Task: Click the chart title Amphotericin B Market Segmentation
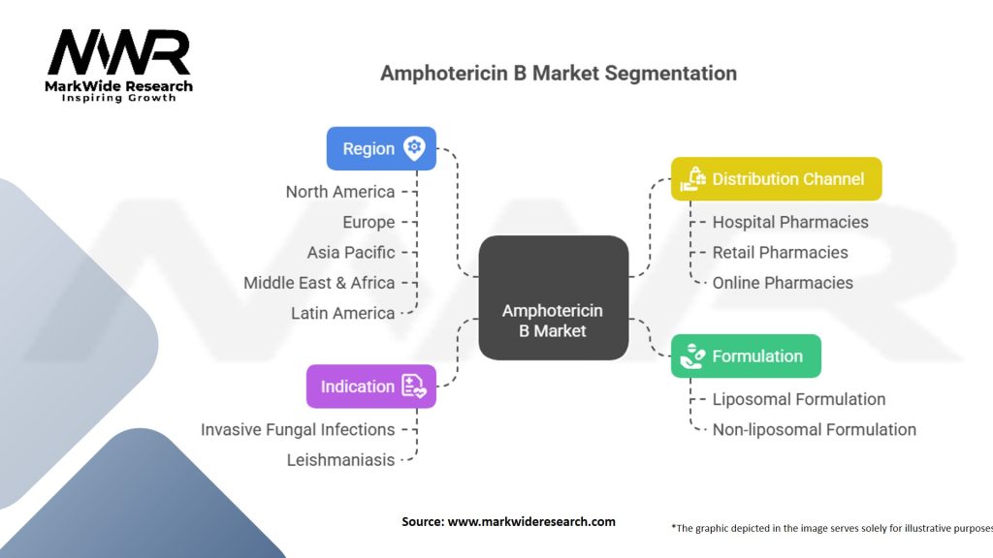[x=558, y=74]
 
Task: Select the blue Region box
[x=381, y=148]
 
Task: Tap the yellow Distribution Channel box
[x=776, y=179]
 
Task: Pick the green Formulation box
[x=746, y=356]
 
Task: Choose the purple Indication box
[x=371, y=387]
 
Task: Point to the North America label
[x=340, y=192]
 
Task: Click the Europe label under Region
[x=368, y=222]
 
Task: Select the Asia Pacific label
[x=351, y=253]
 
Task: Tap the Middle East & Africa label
[x=319, y=283]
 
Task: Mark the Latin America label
[x=343, y=313]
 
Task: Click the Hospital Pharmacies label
[x=790, y=222]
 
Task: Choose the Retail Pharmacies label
[x=780, y=253]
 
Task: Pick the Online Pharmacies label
[x=783, y=283]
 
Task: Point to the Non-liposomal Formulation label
[x=814, y=429]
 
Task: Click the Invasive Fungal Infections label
[x=298, y=429]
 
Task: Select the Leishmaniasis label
[x=340, y=460]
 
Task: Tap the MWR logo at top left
[x=120, y=63]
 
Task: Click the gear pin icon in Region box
[x=414, y=148]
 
